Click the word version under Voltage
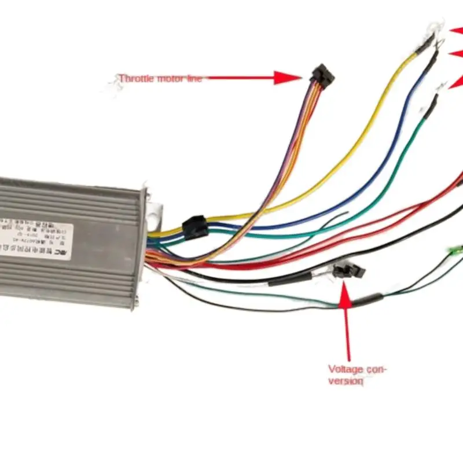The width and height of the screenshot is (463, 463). pyautogui.click(x=346, y=381)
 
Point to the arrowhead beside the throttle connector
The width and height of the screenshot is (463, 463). pyautogui.click(x=287, y=78)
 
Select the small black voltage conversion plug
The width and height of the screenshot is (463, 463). pyautogui.click(x=348, y=270)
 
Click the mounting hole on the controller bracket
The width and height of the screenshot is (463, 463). pyautogui.click(x=154, y=219)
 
